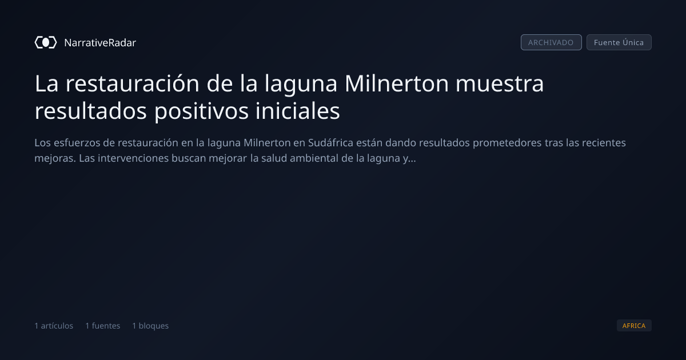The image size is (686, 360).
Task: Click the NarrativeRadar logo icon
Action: coord(46,42)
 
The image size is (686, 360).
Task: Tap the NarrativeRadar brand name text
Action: coord(100,42)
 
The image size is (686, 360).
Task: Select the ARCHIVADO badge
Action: coord(551,42)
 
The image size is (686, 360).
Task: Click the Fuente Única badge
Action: coord(619,42)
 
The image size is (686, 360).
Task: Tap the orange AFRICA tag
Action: coord(634,325)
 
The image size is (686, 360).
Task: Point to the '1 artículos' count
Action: coord(54,326)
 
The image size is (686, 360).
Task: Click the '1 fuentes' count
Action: coord(102,326)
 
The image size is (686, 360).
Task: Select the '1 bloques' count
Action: coord(150,326)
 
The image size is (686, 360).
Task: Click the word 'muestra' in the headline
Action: coord(500,83)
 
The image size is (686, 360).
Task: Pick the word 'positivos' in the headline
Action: coord(201,111)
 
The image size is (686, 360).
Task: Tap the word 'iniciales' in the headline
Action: coord(298,111)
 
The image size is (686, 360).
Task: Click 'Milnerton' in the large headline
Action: coord(397,83)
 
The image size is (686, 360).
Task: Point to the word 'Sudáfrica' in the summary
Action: coord(331,143)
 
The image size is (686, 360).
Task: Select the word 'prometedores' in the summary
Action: coord(507,143)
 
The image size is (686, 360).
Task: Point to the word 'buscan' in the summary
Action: coord(189,158)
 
